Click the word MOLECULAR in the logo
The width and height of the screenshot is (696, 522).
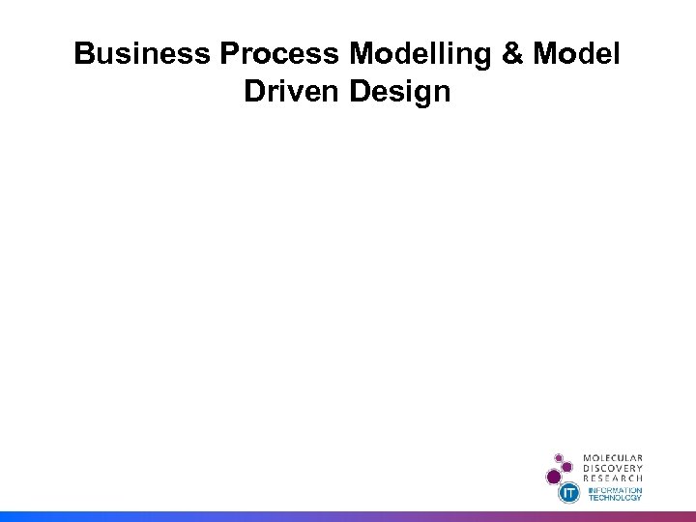612,457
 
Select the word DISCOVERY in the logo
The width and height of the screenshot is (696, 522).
612,468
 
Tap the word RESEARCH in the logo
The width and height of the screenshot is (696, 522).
612,478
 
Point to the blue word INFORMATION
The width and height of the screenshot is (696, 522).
615,490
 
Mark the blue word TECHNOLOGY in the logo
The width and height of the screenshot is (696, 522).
615,498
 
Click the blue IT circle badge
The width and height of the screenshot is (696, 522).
570,493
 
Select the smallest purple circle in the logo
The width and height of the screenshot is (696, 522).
559,456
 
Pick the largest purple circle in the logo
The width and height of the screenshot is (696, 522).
554,477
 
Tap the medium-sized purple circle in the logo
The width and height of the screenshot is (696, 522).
569,466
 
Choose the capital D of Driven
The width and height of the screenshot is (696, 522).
254,92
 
